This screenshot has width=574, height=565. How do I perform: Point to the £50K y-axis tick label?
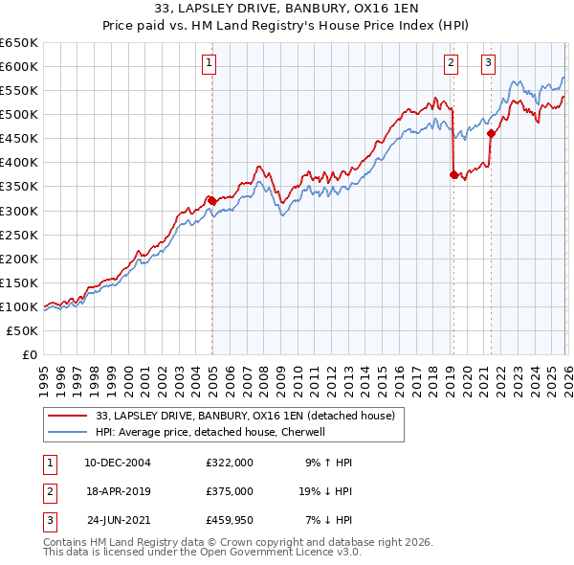click(x=22, y=330)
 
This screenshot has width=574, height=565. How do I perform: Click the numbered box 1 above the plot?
click(x=210, y=64)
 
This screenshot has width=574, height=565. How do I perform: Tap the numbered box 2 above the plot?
click(x=451, y=64)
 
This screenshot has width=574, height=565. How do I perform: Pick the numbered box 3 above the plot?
click(x=488, y=64)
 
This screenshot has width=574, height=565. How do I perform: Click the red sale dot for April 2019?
click(x=453, y=174)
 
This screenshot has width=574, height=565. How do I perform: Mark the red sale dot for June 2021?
click(x=491, y=134)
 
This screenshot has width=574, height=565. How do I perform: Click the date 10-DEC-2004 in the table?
click(x=118, y=463)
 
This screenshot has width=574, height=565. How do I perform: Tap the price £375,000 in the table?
click(x=230, y=491)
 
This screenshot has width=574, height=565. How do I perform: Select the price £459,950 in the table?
click(x=230, y=520)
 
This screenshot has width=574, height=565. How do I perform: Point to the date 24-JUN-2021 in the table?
click(x=118, y=520)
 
